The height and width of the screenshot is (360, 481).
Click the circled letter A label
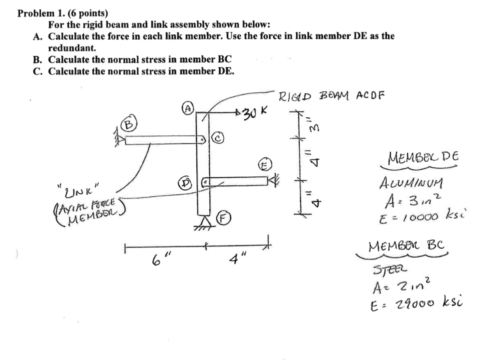(x=188, y=108)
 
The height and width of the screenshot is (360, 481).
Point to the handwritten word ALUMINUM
(x=405, y=184)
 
